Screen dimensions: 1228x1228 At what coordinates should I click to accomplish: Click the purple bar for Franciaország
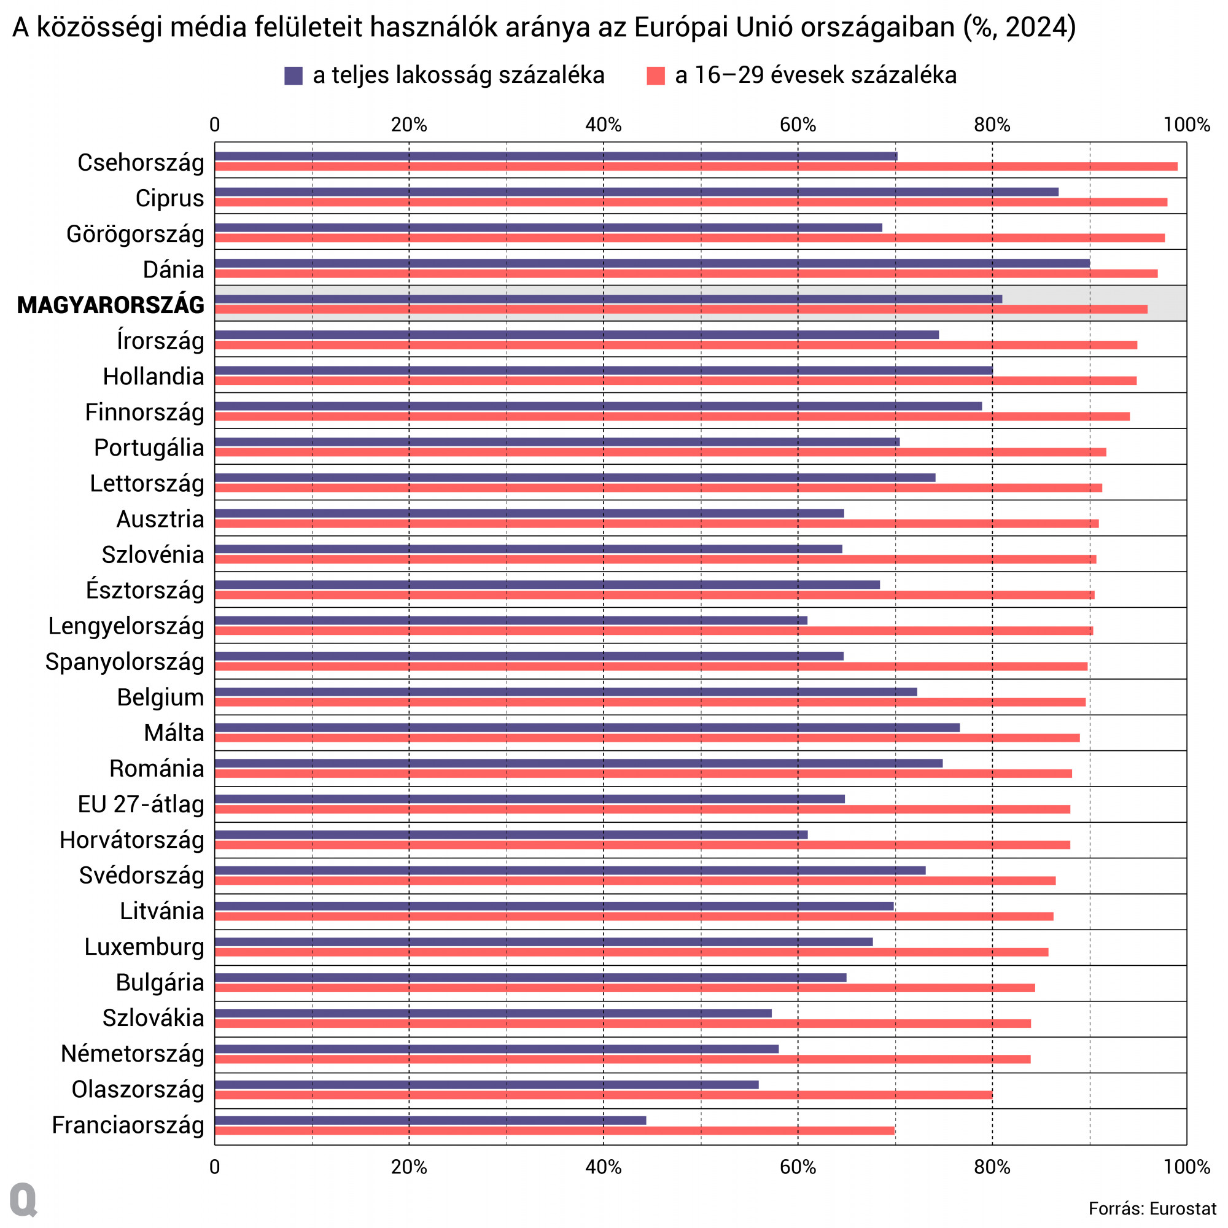pos(430,1120)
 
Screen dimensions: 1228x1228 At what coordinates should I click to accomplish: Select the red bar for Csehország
pos(696,166)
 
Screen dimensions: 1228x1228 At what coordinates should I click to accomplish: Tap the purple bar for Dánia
pos(652,263)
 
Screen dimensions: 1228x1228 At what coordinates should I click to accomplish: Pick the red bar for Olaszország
pos(603,1095)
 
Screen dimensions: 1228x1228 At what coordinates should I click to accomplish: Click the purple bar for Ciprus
pos(636,192)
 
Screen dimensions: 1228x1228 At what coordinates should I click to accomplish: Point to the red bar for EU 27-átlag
pos(642,809)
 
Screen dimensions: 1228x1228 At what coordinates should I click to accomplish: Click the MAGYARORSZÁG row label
pos(111,305)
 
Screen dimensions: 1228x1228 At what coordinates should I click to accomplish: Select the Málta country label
pos(174,733)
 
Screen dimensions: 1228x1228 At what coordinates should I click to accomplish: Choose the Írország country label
pos(160,341)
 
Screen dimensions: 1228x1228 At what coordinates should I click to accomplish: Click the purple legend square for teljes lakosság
pos(293,76)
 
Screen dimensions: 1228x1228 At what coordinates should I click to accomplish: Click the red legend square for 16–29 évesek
pos(655,76)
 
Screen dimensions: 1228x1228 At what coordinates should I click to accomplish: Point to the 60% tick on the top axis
pos(798,125)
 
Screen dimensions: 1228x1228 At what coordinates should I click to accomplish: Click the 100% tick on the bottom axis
pos(1186,1167)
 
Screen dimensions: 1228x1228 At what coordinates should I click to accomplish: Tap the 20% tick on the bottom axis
pos(409,1167)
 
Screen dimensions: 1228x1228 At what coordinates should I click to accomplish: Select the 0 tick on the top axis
pos(215,125)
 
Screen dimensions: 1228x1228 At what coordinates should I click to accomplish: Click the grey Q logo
pos(23,1200)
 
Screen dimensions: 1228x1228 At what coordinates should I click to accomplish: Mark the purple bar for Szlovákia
pos(492,1013)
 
